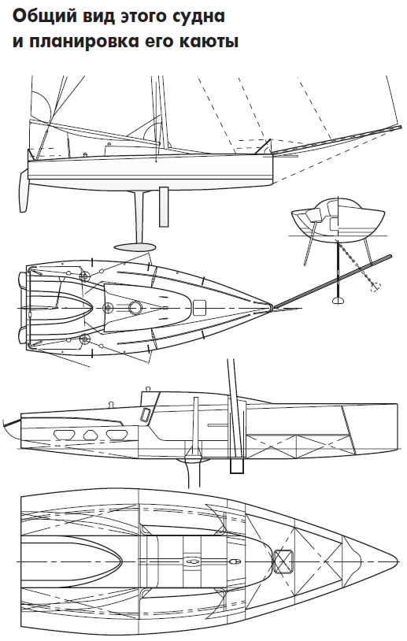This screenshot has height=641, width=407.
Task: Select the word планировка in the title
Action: [x=80, y=43]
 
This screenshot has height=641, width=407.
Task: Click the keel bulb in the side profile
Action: [x=135, y=247]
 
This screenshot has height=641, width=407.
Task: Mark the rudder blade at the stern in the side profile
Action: [x=24, y=191]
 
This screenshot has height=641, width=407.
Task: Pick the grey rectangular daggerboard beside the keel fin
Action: [x=164, y=207]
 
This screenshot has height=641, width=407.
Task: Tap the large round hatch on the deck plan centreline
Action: [x=135, y=308]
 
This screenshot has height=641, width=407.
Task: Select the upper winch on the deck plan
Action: [x=84, y=276]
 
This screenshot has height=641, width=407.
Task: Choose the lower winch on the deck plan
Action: [x=84, y=339]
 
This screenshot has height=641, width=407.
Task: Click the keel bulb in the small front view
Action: [x=339, y=301]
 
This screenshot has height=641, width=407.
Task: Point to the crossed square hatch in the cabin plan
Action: [x=283, y=561]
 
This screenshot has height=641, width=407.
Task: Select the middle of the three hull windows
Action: [x=90, y=435]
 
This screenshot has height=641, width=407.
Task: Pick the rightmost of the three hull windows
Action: [x=116, y=435]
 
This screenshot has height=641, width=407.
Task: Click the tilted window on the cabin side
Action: [x=145, y=415]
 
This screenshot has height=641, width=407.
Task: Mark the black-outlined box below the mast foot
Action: [x=237, y=465]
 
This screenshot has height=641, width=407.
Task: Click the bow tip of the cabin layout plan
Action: [x=398, y=561]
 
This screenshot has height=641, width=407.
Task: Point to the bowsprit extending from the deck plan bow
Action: [x=332, y=281]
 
